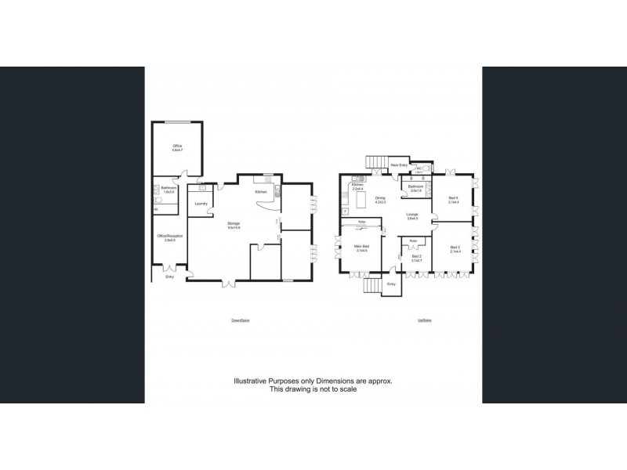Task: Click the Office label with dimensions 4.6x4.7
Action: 177,146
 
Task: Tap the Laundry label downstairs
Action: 200,204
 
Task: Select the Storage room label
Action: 234,226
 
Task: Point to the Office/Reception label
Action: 169,237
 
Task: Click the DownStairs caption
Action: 240,320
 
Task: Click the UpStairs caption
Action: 426,320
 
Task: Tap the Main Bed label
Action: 362,248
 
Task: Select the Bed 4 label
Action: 452,199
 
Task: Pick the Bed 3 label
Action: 455,248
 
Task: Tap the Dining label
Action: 380,199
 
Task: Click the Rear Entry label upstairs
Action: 398,165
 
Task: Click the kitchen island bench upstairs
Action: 361,201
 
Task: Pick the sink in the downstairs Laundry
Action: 202,188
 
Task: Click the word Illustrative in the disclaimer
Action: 252,381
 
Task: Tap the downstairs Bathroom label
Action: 169,189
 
